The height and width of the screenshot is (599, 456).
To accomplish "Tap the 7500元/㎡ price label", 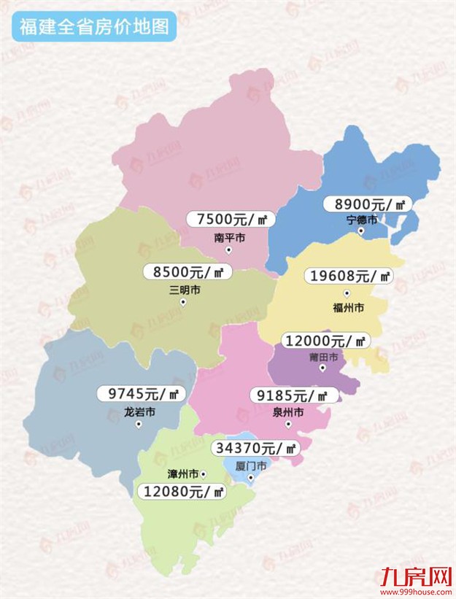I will point(230,219).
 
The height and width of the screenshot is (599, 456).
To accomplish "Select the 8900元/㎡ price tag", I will point(369,204).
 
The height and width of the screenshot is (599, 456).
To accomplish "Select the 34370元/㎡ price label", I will point(255,447).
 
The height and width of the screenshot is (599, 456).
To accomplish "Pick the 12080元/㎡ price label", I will point(181,492).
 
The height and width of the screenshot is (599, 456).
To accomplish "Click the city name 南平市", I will point(229,237).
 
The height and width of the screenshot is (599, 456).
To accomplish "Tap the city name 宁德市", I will point(362,220).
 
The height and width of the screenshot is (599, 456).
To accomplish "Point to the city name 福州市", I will point(348,308).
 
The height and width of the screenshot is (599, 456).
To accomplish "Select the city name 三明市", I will point(184,290).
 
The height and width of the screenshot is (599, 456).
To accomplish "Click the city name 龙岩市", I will point(140,411).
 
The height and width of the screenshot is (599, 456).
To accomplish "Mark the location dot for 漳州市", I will point(204,474).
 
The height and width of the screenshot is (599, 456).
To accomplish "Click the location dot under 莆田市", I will point(322,368).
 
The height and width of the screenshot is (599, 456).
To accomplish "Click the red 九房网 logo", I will point(413,576).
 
